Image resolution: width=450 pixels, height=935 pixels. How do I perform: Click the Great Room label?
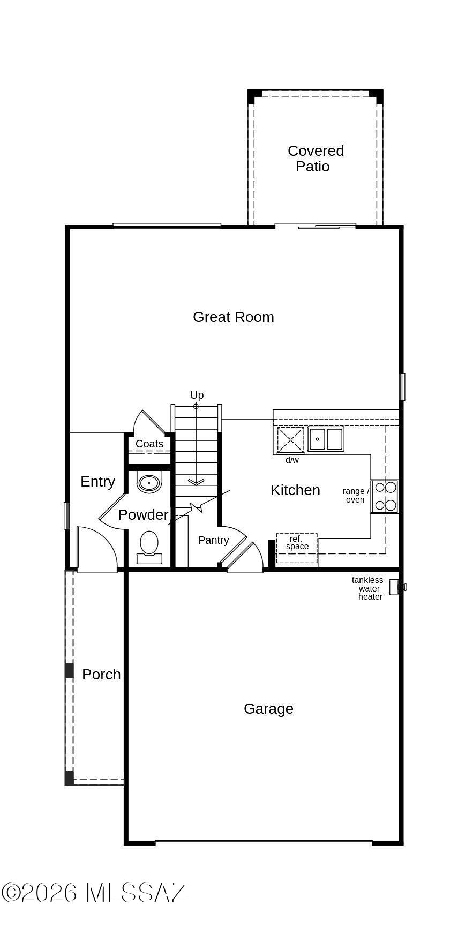(234, 317)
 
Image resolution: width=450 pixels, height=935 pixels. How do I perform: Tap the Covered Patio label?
(316, 159)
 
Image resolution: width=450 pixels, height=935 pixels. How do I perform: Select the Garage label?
(268, 709)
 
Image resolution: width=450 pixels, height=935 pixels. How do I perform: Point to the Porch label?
(101, 674)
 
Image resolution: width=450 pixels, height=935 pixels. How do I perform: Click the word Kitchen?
(295, 490)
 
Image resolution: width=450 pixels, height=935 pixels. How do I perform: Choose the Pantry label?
(213, 540)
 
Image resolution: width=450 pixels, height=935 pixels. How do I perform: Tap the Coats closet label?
(149, 444)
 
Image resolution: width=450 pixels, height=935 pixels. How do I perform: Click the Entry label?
(97, 482)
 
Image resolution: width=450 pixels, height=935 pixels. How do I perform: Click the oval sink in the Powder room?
(149, 483)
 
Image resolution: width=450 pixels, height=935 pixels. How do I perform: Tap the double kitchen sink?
(326, 439)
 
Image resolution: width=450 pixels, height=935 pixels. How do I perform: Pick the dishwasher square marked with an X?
(290, 440)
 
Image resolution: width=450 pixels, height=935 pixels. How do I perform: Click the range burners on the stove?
(385, 496)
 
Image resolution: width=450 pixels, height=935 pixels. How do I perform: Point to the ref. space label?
(297, 543)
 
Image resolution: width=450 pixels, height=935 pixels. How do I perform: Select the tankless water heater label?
(368, 588)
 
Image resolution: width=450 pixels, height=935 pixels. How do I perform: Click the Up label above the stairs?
(197, 395)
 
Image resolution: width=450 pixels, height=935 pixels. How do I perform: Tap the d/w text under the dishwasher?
(292, 460)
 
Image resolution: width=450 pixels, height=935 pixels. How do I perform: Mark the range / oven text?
(356, 496)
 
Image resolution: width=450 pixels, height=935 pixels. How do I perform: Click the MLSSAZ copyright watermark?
(94, 893)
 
